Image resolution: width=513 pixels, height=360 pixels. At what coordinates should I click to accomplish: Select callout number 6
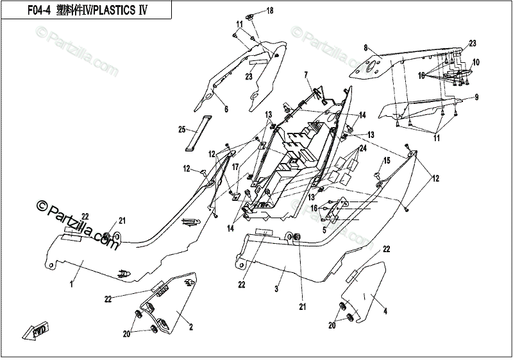click(x=225, y=110)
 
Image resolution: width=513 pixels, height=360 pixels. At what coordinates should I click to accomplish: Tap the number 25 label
click(x=181, y=130)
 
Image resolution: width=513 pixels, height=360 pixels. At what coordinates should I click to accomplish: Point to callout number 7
click(x=306, y=74)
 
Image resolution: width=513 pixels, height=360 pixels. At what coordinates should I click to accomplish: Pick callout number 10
click(x=476, y=62)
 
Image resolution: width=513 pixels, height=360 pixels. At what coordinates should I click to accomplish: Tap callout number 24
click(x=363, y=148)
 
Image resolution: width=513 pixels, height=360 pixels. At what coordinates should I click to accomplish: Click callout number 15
click(x=386, y=159)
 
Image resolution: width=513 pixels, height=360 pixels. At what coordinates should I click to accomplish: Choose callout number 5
click(x=324, y=229)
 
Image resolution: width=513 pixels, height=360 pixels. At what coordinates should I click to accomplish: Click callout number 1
click(x=71, y=282)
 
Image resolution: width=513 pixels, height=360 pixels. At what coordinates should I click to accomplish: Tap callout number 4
click(x=385, y=313)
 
